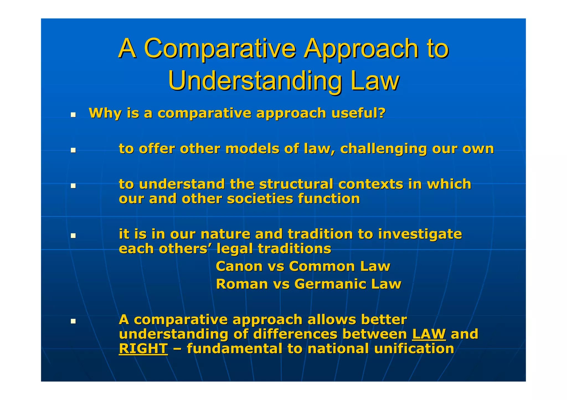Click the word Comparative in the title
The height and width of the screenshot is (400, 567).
pos(220,49)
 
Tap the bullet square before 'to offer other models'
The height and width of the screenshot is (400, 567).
pos(73,150)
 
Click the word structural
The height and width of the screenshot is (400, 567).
pos(296,184)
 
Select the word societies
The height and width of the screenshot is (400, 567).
pos(260,199)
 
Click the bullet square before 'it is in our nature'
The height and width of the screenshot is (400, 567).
pos(73,236)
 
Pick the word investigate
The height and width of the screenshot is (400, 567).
pos(420,234)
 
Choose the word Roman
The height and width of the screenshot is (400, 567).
pos(242,284)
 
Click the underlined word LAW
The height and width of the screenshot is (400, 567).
pos(429,334)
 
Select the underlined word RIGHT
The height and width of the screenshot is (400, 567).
pos(143,349)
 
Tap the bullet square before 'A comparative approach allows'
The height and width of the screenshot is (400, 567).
pos(73,321)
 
